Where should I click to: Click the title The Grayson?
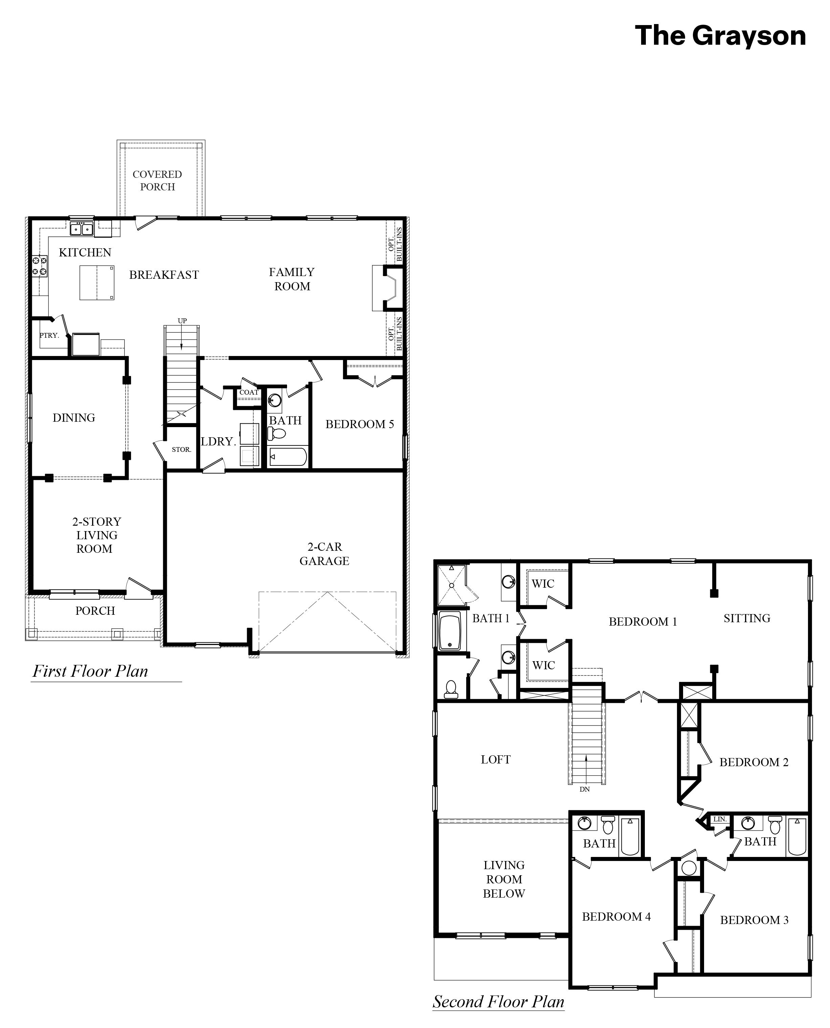[x=720, y=36]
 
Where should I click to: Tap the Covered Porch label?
[x=157, y=180]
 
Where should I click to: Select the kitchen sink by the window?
[x=82, y=229]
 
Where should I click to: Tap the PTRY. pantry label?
[x=49, y=335]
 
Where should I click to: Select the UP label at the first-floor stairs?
[x=182, y=320]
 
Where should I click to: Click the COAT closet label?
[x=248, y=392]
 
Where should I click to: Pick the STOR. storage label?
[x=181, y=450]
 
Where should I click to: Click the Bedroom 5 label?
[x=359, y=424]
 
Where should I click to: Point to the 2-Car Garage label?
[x=324, y=553]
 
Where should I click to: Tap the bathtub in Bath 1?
[x=450, y=631]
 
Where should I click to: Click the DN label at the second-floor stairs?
[x=585, y=789]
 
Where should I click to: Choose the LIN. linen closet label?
[x=720, y=819]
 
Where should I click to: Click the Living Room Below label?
[x=504, y=879]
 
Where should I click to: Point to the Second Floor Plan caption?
[x=498, y=1002]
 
